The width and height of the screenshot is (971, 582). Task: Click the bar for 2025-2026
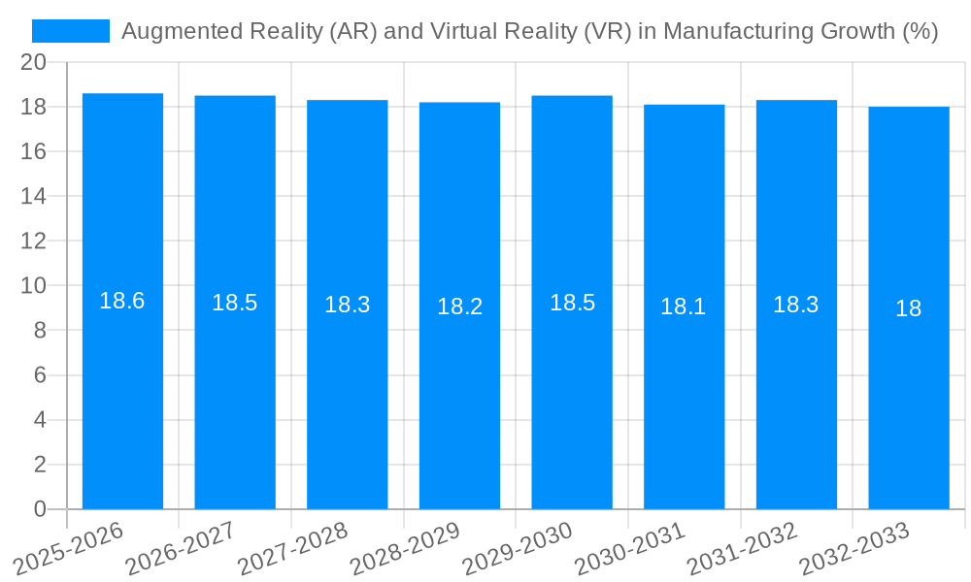(122, 388)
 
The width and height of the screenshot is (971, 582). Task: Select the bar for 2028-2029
(459, 388)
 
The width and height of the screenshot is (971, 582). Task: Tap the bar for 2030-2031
(684, 388)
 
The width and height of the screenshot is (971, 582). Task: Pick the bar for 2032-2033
(908, 388)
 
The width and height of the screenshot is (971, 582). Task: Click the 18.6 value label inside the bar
(122, 301)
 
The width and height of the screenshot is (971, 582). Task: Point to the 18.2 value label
(459, 307)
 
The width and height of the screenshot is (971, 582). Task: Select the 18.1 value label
(684, 307)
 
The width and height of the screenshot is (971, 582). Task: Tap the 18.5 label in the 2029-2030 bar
(572, 303)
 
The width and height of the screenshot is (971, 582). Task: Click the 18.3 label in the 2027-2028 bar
(347, 305)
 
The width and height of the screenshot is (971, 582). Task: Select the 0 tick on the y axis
(40, 509)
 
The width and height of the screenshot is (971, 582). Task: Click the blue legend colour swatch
(71, 31)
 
